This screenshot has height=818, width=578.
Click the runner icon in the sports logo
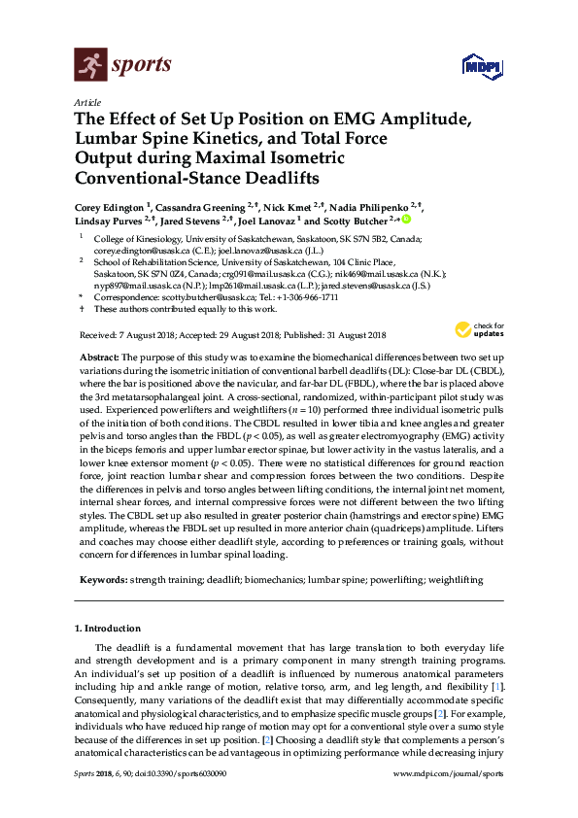89,66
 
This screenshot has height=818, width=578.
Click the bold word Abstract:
112,358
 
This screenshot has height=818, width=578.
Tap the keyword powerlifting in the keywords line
377,580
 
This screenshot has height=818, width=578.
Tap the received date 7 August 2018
155,335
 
